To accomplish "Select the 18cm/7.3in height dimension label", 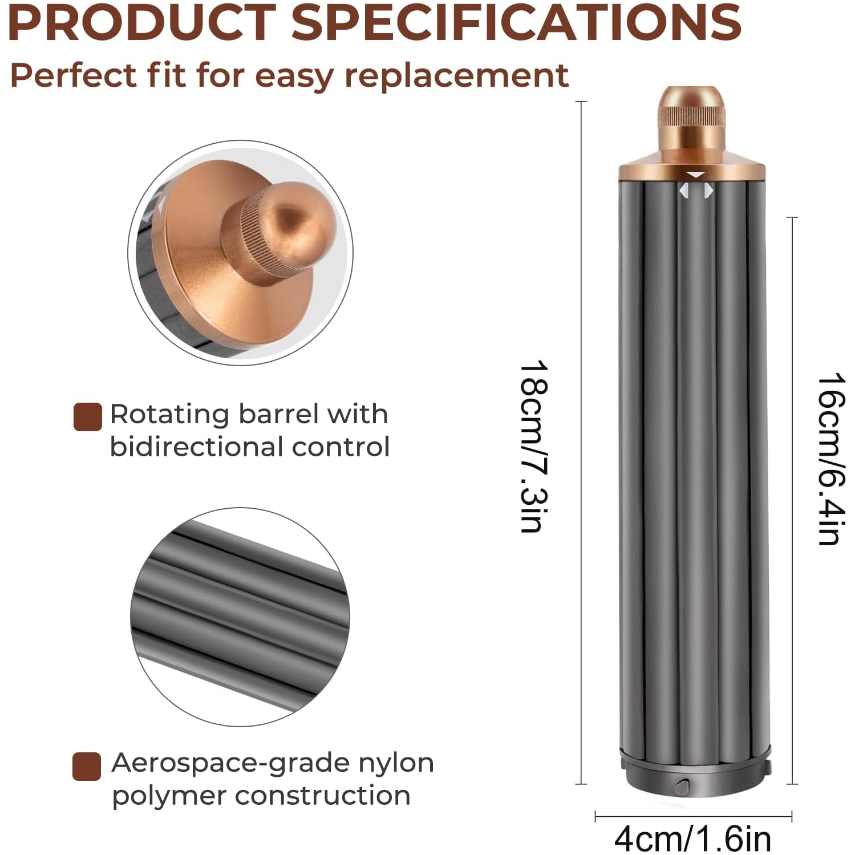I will [534, 446].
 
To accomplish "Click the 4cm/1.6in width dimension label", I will [692, 838].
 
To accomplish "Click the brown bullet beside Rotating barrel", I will [88, 416].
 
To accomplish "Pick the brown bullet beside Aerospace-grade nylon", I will [87, 766].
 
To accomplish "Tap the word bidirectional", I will [196, 447].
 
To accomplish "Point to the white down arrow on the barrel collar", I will [696, 175].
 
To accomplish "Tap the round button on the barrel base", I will [682, 787].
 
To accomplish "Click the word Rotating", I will [169, 414].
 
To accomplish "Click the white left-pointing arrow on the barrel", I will [683, 191].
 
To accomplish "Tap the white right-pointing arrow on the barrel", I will [708, 191].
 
